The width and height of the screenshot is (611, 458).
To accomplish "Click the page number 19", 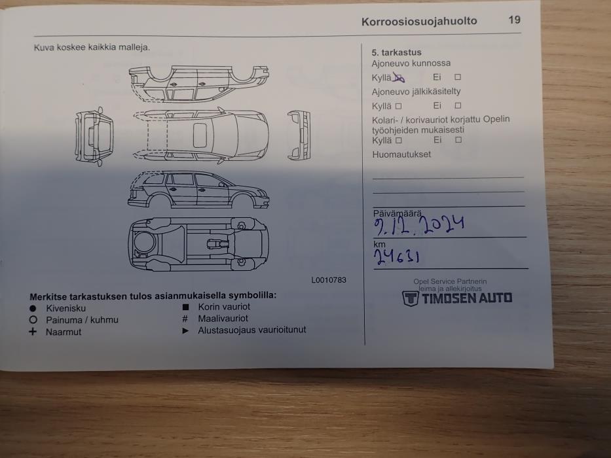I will [x=515, y=20].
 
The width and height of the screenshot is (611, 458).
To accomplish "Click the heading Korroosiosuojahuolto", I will [x=419, y=21].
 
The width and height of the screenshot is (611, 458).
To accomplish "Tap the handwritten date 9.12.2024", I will [x=419, y=226].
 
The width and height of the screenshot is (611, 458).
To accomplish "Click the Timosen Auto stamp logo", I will [x=457, y=298].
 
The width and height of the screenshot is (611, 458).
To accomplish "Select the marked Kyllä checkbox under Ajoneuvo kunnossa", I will [x=399, y=77].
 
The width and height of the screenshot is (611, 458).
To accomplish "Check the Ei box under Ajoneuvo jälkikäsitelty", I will [x=458, y=105].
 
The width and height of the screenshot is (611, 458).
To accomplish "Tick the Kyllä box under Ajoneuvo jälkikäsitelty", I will [x=398, y=106].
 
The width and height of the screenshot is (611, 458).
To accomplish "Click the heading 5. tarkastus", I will [x=397, y=52].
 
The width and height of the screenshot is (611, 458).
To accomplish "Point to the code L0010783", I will [x=329, y=280].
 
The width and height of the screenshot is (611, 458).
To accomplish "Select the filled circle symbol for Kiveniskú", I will [x=33, y=308].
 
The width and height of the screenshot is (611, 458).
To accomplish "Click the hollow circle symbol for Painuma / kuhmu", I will [x=33, y=320].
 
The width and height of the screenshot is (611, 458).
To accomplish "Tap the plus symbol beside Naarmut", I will [x=33, y=332].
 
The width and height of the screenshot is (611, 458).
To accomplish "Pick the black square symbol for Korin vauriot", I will [x=185, y=306].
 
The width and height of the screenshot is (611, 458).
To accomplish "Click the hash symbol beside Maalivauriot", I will [x=185, y=319].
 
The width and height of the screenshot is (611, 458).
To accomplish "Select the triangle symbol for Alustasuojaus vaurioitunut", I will [x=185, y=330].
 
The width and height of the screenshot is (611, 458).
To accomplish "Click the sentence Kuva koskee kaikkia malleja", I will [x=92, y=47].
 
